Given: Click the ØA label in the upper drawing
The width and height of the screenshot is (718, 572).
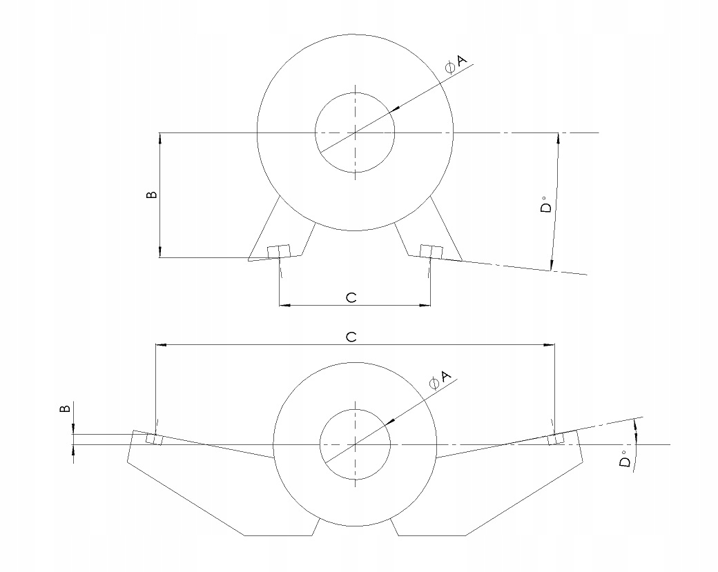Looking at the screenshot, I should [x=456, y=63].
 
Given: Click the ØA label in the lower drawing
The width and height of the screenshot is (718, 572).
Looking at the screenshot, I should [x=439, y=379].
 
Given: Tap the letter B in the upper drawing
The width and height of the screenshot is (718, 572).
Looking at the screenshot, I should [x=153, y=195].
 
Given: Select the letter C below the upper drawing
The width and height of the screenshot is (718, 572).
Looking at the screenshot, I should [x=351, y=297].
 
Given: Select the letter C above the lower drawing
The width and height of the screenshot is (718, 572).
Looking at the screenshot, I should [x=351, y=337].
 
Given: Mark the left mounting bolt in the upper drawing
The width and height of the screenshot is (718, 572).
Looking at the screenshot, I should [x=279, y=251].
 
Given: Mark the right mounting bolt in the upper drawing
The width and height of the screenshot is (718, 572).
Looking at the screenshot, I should [x=431, y=251].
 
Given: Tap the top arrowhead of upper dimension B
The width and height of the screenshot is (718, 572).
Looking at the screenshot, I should [x=160, y=137].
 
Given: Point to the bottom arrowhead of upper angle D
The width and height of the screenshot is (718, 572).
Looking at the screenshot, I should [x=552, y=265].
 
